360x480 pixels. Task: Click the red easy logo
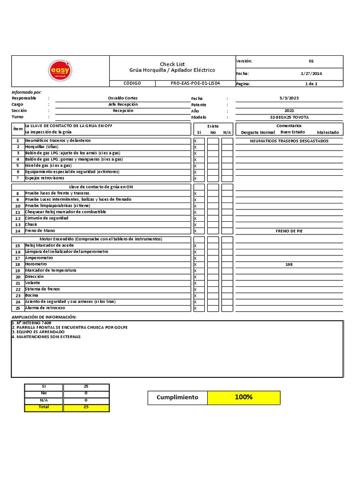60,71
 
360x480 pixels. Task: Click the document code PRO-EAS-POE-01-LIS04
195,83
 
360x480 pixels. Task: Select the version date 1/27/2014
311,74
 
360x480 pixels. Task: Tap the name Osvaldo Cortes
123,98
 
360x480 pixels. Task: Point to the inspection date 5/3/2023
289,98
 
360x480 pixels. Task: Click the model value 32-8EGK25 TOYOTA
289,117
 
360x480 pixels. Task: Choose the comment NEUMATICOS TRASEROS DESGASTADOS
289,141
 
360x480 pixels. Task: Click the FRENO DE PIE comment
289,231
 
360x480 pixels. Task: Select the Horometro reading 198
289,264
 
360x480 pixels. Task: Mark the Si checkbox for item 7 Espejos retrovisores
198,178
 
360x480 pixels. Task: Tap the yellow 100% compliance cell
244,397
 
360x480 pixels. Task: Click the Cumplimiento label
177,397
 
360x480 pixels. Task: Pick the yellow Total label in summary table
44,407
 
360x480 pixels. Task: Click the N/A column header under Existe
227,133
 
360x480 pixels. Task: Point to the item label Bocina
32,295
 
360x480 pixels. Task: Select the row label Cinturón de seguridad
46,218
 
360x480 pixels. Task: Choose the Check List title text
172,64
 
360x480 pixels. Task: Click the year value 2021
289,111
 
